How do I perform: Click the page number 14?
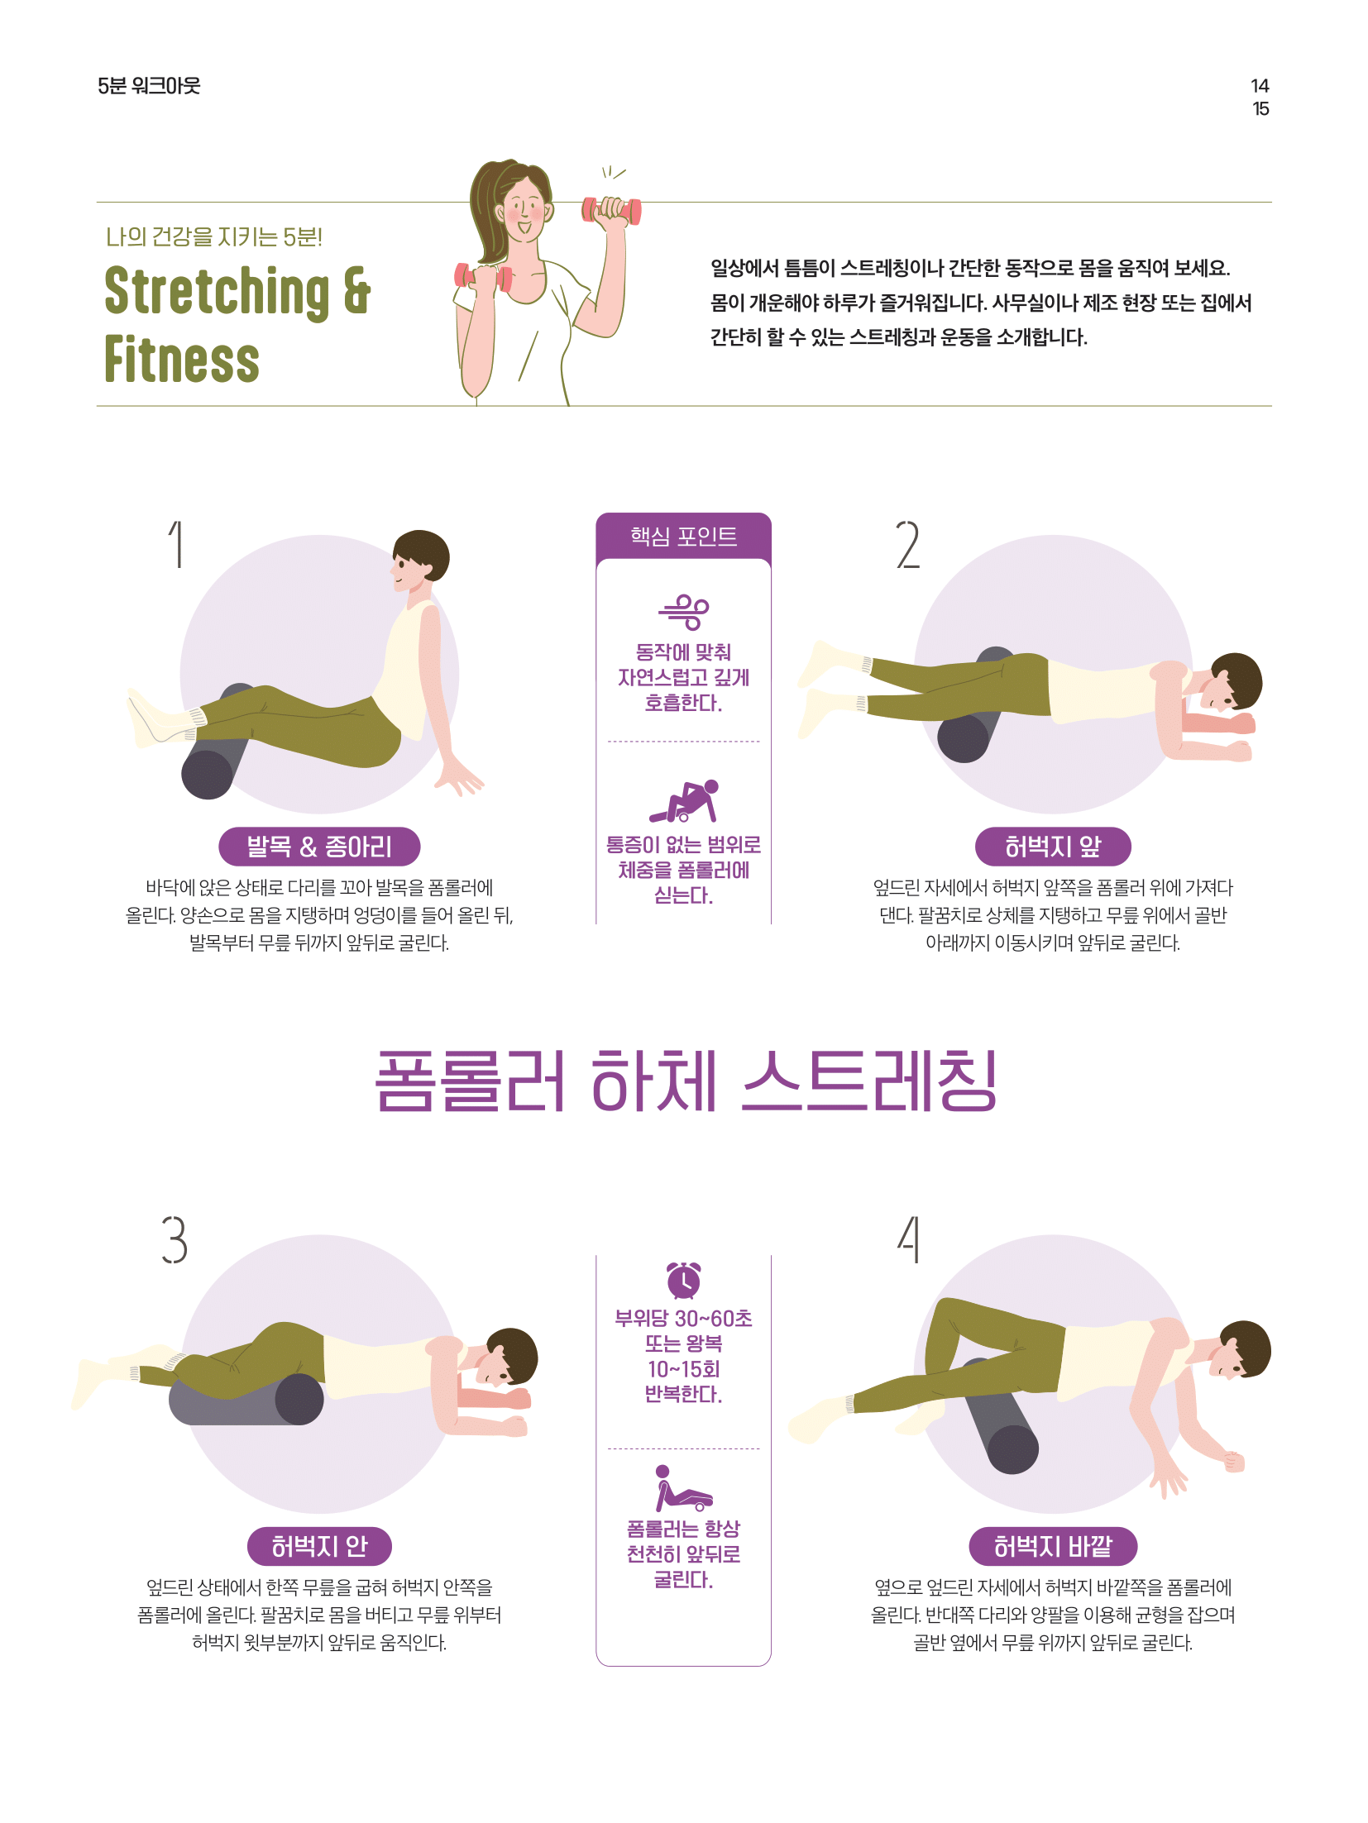click(1259, 86)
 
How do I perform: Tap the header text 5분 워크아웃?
click(149, 86)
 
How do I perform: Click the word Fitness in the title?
click(182, 360)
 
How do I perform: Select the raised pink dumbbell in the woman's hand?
click(612, 210)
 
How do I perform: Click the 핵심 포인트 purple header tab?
click(683, 537)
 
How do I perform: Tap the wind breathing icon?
click(684, 612)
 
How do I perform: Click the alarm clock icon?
click(684, 1280)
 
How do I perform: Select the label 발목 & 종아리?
click(319, 847)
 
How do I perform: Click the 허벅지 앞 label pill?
click(1052, 847)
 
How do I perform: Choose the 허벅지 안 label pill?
click(319, 1546)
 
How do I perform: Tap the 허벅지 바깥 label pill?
click(1053, 1546)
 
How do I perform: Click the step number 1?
click(176, 544)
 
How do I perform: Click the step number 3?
click(175, 1239)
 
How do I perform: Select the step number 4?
click(909, 1239)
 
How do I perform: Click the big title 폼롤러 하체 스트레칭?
click(686, 1081)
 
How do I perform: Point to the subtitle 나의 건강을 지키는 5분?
click(214, 237)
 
